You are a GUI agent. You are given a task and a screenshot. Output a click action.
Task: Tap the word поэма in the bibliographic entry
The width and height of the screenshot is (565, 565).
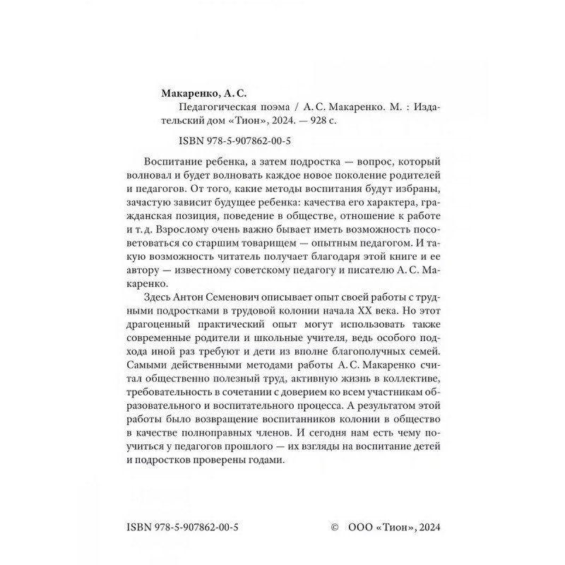tap(272, 107)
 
